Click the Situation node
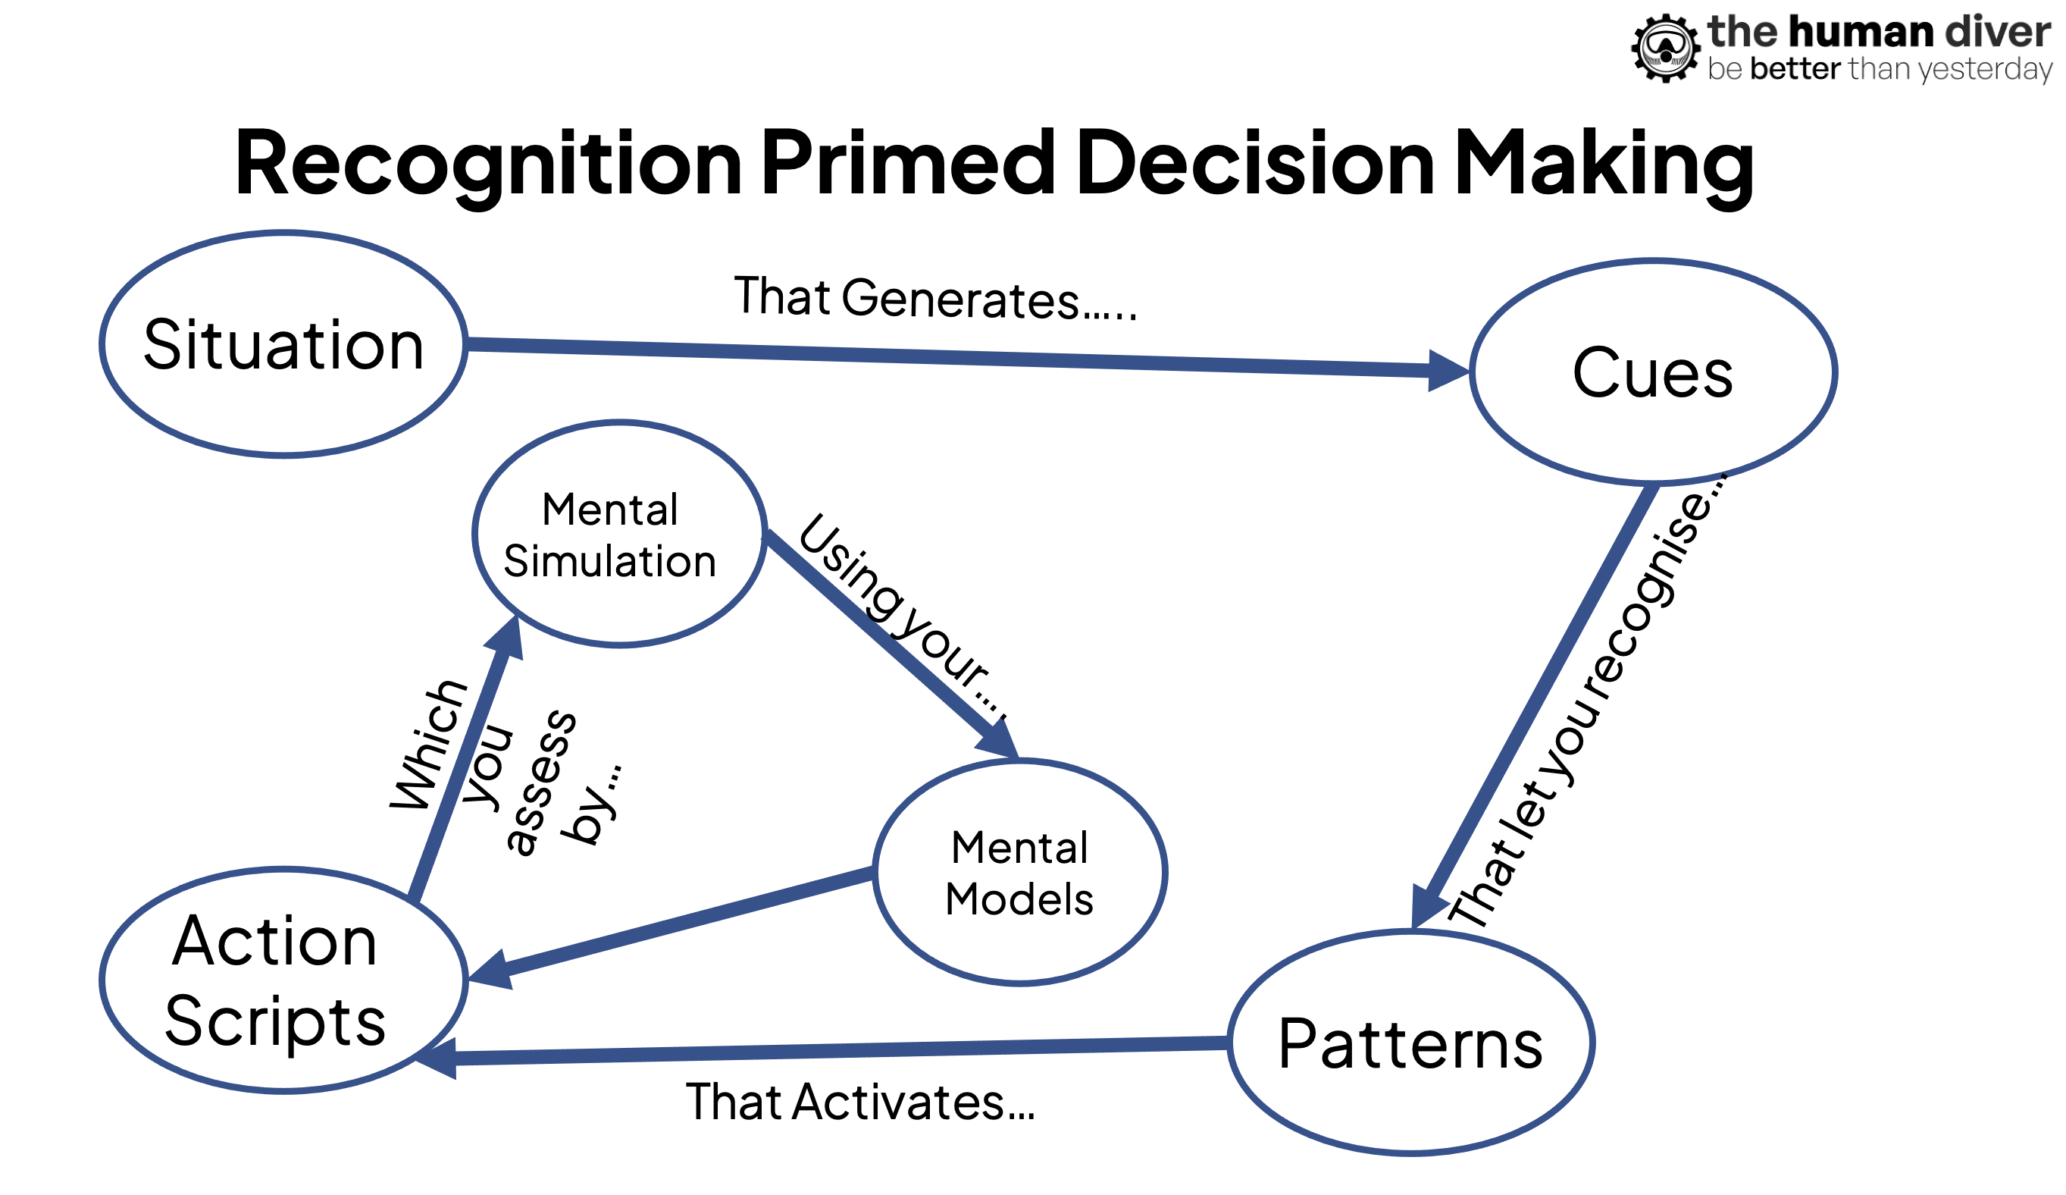pyautogui.click(x=283, y=344)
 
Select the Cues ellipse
pyautogui.click(x=1653, y=372)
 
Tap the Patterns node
pyautogui.click(x=1410, y=1043)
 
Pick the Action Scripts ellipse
pyautogui.click(x=283, y=981)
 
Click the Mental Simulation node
pyautogui.click(x=620, y=534)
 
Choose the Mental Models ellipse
pyautogui.click(x=1020, y=872)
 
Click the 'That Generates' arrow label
pyautogui.click(x=934, y=299)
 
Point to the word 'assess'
pyautogui.click(x=541, y=783)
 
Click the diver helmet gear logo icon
pyautogui.click(x=1664, y=48)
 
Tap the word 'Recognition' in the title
pyautogui.click(x=489, y=164)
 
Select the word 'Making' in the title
pyautogui.click(x=1604, y=164)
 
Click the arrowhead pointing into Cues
pyautogui.click(x=1447, y=371)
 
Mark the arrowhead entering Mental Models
pyautogui.click(x=1000, y=739)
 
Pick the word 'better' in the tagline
pyautogui.click(x=1795, y=70)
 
